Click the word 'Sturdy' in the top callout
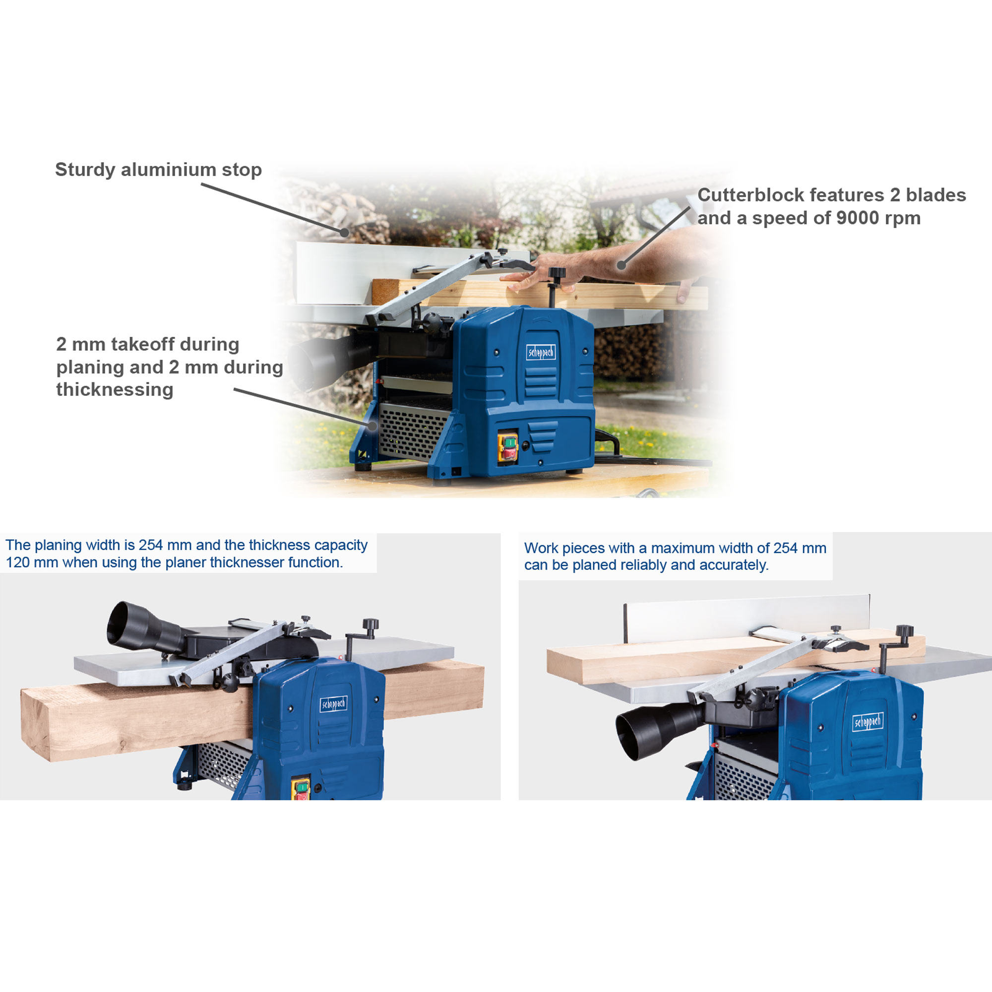[85, 170]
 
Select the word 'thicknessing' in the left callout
[115, 390]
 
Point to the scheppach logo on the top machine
[541, 352]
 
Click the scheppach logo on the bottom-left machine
[333, 704]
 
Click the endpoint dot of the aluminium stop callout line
[345, 232]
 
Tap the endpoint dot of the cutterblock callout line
[621, 265]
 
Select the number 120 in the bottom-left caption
[17, 563]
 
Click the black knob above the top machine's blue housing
[557, 273]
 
